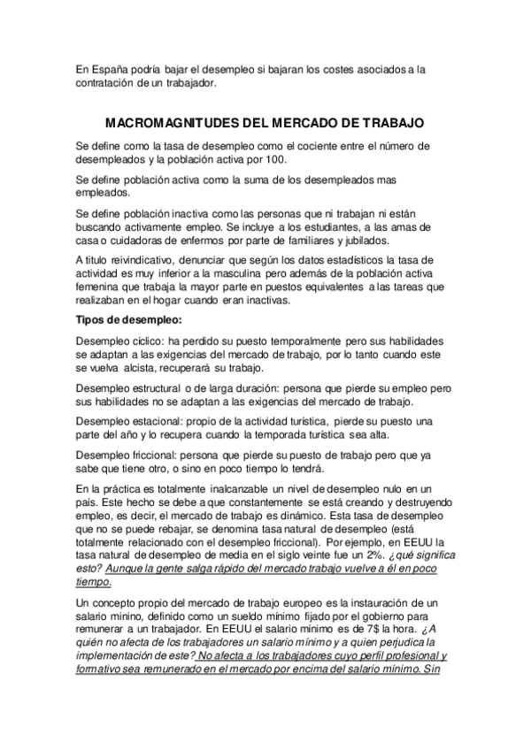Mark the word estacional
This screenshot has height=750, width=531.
[156, 421]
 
